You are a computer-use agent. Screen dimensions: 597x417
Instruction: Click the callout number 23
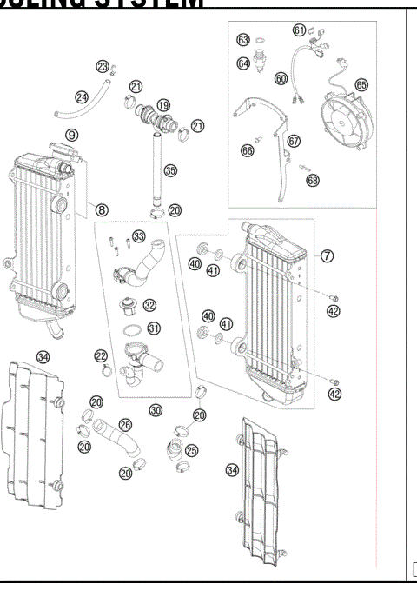pyautogui.click(x=102, y=67)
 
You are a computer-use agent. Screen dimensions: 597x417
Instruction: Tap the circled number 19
pyautogui.click(x=163, y=104)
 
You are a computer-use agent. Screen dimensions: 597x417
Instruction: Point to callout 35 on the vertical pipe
pyautogui.click(x=170, y=171)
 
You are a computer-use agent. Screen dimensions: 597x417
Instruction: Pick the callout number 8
pyautogui.click(x=102, y=209)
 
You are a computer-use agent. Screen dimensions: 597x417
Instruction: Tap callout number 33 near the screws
pyautogui.click(x=139, y=236)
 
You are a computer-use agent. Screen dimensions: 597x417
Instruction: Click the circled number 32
pyautogui.click(x=150, y=305)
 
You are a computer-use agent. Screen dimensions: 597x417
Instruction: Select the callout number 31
pyautogui.click(x=154, y=328)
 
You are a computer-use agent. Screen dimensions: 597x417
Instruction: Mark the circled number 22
pyautogui.click(x=101, y=356)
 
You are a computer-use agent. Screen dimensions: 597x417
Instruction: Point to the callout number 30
pyautogui.click(x=156, y=409)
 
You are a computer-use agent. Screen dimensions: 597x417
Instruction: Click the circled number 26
pyautogui.click(x=125, y=426)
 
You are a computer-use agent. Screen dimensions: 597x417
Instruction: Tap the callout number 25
pyautogui.click(x=191, y=450)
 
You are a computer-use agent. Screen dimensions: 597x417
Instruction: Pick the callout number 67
pyautogui.click(x=293, y=141)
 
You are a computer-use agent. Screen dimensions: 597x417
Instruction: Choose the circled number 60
pyautogui.click(x=281, y=77)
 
